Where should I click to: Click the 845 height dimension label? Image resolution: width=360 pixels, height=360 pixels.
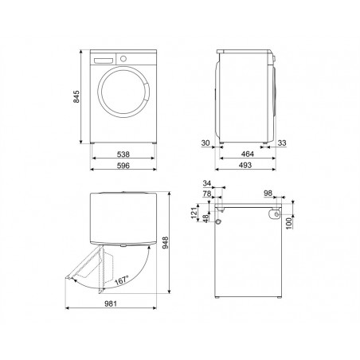point(76,96)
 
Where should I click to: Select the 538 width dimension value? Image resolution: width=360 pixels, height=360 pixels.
point(123,154)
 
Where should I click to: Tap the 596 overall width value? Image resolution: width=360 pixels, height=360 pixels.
point(123,166)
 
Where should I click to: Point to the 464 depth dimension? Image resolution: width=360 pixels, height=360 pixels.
point(248,154)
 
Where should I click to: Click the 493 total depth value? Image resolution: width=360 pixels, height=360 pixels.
point(245,165)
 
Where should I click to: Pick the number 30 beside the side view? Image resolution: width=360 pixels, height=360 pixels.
point(205,143)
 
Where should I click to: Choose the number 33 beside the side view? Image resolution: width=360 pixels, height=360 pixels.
point(282,143)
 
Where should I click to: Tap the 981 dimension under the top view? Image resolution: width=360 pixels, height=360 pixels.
point(111,303)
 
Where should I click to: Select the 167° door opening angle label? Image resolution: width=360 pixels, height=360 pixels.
point(122,280)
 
